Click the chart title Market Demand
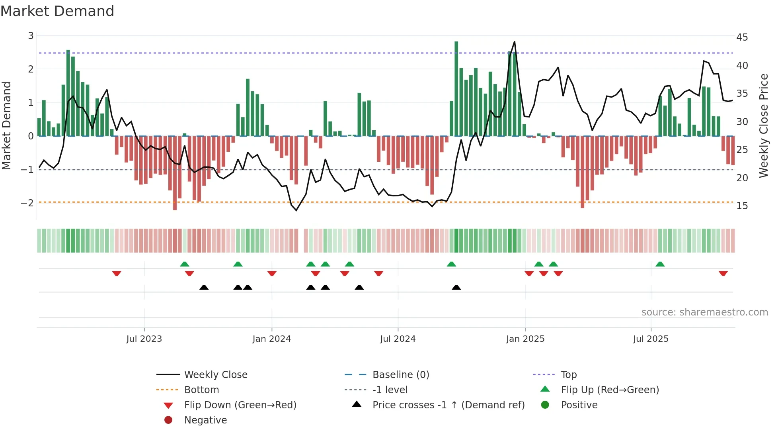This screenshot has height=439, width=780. [x=57, y=11]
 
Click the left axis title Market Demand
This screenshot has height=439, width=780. [x=7, y=126]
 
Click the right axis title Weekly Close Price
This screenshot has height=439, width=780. [x=763, y=125]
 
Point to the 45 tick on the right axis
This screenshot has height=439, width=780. [x=742, y=37]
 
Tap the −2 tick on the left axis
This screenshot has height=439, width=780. [x=27, y=203]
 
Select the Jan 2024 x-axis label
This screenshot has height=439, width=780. [x=271, y=339]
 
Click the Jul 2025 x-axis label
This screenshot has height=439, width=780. [x=651, y=339]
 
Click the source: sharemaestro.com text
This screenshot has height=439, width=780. [x=704, y=312]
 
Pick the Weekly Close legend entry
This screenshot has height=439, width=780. [x=215, y=375]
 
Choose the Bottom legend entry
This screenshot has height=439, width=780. [x=201, y=390]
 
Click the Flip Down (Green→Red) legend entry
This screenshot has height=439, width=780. [x=240, y=405]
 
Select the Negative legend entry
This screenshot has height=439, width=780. [x=205, y=420]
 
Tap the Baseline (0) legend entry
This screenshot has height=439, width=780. [x=400, y=375]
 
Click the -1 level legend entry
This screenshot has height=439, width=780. [x=390, y=390]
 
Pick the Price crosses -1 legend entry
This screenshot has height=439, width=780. [x=448, y=405]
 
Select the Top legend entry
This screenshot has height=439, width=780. [x=568, y=375]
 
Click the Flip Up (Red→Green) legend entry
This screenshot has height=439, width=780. [x=610, y=390]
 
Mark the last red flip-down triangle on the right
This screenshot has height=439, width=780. [x=723, y=273]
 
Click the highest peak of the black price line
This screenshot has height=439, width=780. [x=515, y=42]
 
